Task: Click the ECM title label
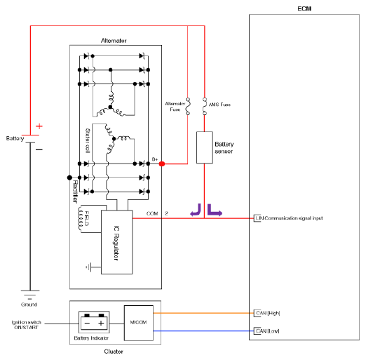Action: tap(304, 8)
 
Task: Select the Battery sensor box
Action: tap(205, 147)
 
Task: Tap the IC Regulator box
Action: tap(116, 242)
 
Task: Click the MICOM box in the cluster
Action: tap(139, 323)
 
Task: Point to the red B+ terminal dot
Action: tap(162, 164)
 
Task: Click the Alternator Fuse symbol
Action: tap(188, 107)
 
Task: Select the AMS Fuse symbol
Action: tap(205, 107)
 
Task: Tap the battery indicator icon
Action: tap(94, 322)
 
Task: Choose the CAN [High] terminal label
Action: tap(268, 313)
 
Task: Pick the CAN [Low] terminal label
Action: tap(268, 331)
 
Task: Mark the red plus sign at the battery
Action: tap(39, 126)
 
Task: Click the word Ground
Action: tap(29, 305)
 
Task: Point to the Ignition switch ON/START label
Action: tap(26, 325)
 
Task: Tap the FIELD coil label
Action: tap(86, 218)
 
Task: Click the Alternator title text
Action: tap(114, 41)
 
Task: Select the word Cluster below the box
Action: tap(114, 352)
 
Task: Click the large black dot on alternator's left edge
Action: tap(69, 178)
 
